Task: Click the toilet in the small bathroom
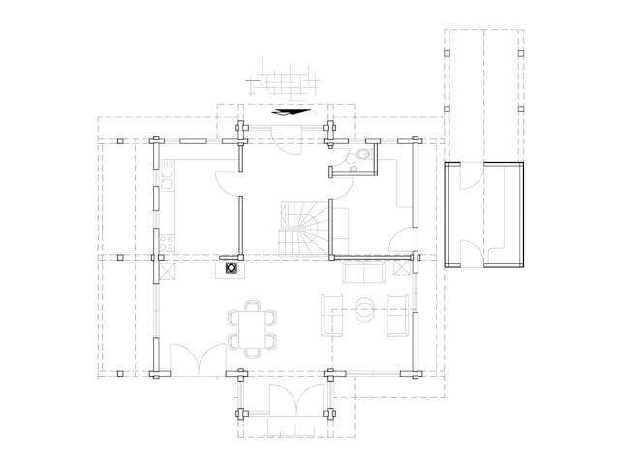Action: [362, 157]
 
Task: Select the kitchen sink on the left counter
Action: [167, 178]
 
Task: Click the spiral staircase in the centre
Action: [304, 227]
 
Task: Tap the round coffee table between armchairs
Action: [366, 311]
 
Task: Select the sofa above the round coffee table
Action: [363, 274]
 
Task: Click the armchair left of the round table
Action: [331, 312]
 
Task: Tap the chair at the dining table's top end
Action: [252, 305]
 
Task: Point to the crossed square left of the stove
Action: [167, 270]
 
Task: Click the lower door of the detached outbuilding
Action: [469, 247]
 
